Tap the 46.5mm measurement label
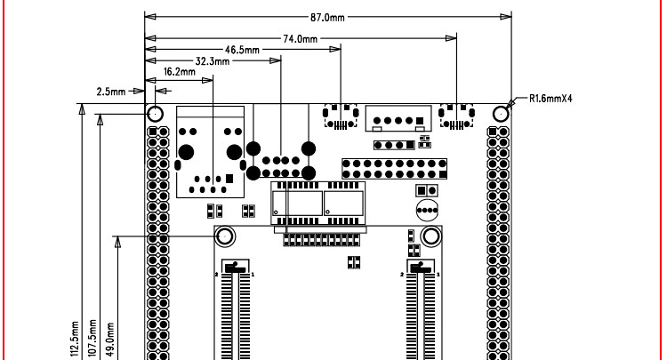coord(242,51)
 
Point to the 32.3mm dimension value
coord(212,62)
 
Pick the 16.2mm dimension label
coord(180,73)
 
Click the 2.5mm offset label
coord(113,91)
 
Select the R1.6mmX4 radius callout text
coord(550,99)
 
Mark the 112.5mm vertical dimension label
coord(75,339)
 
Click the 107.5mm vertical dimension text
coord(92,339)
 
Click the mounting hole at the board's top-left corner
coord(155,115)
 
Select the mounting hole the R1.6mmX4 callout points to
coord(502,115)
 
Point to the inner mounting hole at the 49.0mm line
coord(224,236)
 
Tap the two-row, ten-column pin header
coord(392,168)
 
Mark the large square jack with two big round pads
coord(212,151)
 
